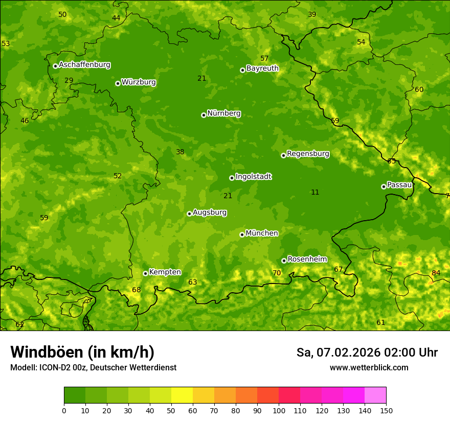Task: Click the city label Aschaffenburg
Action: pos(84,65)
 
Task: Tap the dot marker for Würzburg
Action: pos(118,83)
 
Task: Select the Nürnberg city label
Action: pos(223,113)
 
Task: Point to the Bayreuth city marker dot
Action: pos(242,70)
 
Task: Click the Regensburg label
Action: pos(308,154)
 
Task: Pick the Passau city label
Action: pos(399,185)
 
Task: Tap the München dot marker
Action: pos(242,234)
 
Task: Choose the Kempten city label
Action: pos(165,272)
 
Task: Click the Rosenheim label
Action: pos(307,260)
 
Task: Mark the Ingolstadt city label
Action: pos(253,177)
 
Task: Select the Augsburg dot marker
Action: pos(189,214)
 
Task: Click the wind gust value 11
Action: pos(315,193)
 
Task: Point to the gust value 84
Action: pos(436,273)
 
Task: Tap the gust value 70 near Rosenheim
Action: pos(277,273)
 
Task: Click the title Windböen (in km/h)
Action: pos(82,352)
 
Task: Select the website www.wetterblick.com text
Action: pos(369,368)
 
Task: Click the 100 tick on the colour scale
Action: pos(279,410)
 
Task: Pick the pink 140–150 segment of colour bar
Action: pos(375,395)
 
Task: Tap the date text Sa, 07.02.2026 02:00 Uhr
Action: pos(367,352)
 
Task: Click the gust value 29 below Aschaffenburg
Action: pos(69,81)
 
